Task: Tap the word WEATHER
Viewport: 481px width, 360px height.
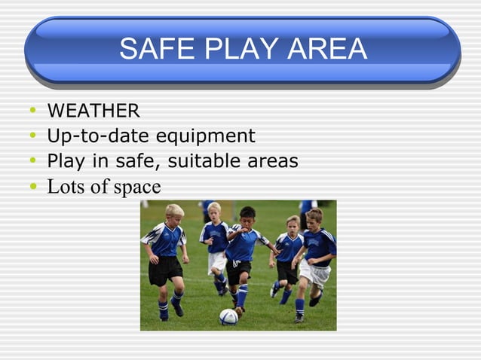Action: pos(93,111)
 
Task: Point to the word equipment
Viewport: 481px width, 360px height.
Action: pos(205,136)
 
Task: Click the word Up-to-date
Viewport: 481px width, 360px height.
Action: pos(99,136)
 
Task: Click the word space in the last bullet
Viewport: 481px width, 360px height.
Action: pos(137,188)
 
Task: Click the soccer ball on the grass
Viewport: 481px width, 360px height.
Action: pos(228,316)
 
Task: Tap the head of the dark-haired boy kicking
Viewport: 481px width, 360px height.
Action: pos(247,215)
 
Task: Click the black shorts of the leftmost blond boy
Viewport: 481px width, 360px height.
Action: pos(165,270)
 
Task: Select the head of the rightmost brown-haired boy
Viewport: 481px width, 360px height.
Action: pos(314,216)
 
